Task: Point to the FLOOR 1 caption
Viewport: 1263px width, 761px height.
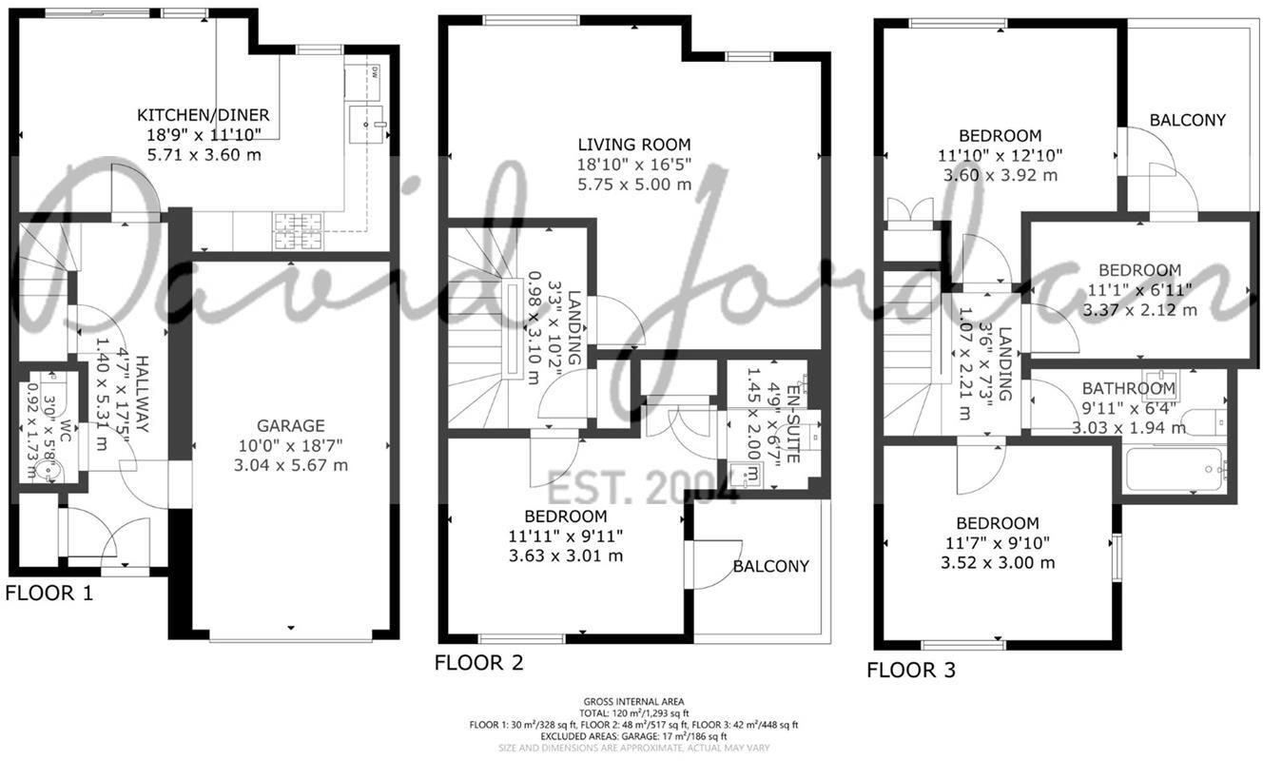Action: point(49,595)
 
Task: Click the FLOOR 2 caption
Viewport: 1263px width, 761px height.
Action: point(478,663)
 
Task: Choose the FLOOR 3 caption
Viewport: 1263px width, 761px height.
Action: point(910,671)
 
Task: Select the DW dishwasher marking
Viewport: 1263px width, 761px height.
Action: point(375,71)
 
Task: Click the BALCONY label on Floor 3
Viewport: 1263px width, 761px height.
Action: point(1187,120)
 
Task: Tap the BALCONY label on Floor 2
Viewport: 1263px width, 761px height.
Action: point(770,566)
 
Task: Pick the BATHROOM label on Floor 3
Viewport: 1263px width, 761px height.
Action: point(1128,388)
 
